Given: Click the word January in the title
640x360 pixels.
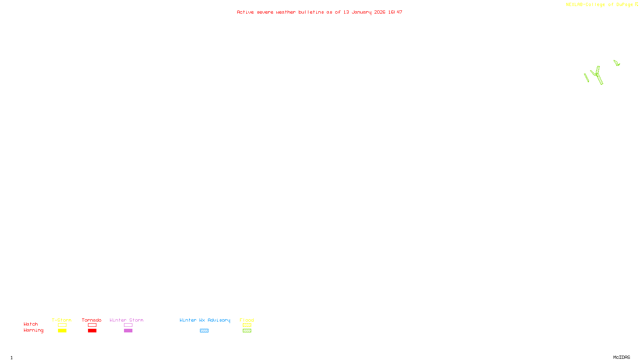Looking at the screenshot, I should point(361,12).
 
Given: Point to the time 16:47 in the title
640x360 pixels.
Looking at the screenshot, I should point(395,12).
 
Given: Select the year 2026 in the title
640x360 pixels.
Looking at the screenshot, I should point(380,12).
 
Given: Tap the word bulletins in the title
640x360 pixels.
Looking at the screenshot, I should point(311,12).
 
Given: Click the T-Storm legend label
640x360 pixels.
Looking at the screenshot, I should point(62,320).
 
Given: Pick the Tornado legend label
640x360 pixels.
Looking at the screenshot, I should point(92,320).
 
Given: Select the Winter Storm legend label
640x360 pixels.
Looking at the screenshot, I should point(126,320).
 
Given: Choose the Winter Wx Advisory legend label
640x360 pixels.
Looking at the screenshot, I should point(205,320).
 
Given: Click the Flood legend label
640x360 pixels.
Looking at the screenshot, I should point(247,320).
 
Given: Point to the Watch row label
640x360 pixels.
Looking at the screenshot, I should point(31,324).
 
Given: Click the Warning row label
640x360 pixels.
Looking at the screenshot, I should point(33,330).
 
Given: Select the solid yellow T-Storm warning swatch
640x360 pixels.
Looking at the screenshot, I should point(62,331).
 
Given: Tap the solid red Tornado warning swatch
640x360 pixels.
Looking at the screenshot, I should point(92,331).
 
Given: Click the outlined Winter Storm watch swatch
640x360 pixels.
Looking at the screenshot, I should point(128,325).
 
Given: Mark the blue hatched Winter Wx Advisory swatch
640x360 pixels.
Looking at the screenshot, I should point(204,331).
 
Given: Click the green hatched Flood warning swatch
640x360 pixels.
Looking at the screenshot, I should point(247,331).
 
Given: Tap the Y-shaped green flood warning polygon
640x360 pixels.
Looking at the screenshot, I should point(597,75).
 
